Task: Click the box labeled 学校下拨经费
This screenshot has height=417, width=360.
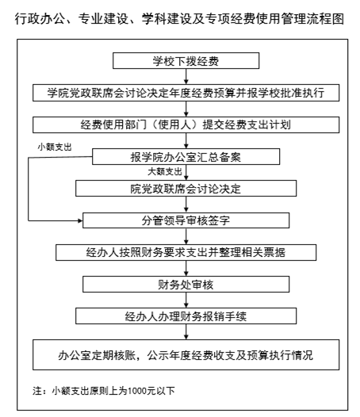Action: tap(186, 60)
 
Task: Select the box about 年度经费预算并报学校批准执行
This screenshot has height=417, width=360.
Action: tap(186, 93)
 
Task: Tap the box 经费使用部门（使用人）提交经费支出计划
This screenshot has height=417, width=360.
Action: tap(186, 124)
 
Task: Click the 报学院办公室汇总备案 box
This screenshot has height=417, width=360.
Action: tap(186, 157)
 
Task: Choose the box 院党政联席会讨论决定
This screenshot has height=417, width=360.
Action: tap(186, 189)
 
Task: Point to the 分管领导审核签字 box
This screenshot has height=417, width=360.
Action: tap(186, 220)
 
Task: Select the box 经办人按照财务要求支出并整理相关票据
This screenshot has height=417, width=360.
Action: tap(186, 252)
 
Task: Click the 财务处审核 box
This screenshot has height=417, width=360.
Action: tap(186, 285)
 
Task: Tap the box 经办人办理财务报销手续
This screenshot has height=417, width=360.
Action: tap(186, 316)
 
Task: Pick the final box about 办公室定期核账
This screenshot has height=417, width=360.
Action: tap(186, 355)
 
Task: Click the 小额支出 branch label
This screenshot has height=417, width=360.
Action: tap(55, 147)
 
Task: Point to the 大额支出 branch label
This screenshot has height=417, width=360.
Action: tap(165, 171)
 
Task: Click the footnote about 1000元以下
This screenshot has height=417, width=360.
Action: tap(104, 391)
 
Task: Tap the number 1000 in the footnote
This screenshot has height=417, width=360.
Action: tap(138, 391)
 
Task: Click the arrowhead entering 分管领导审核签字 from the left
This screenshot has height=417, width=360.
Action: tap(80, 220)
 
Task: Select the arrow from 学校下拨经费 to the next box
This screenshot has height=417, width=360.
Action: tap(186, 77)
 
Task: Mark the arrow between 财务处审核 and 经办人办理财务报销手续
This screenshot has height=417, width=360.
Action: tap(186, 300)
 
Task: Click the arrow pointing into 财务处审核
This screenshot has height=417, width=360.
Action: tap(186, 268)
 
